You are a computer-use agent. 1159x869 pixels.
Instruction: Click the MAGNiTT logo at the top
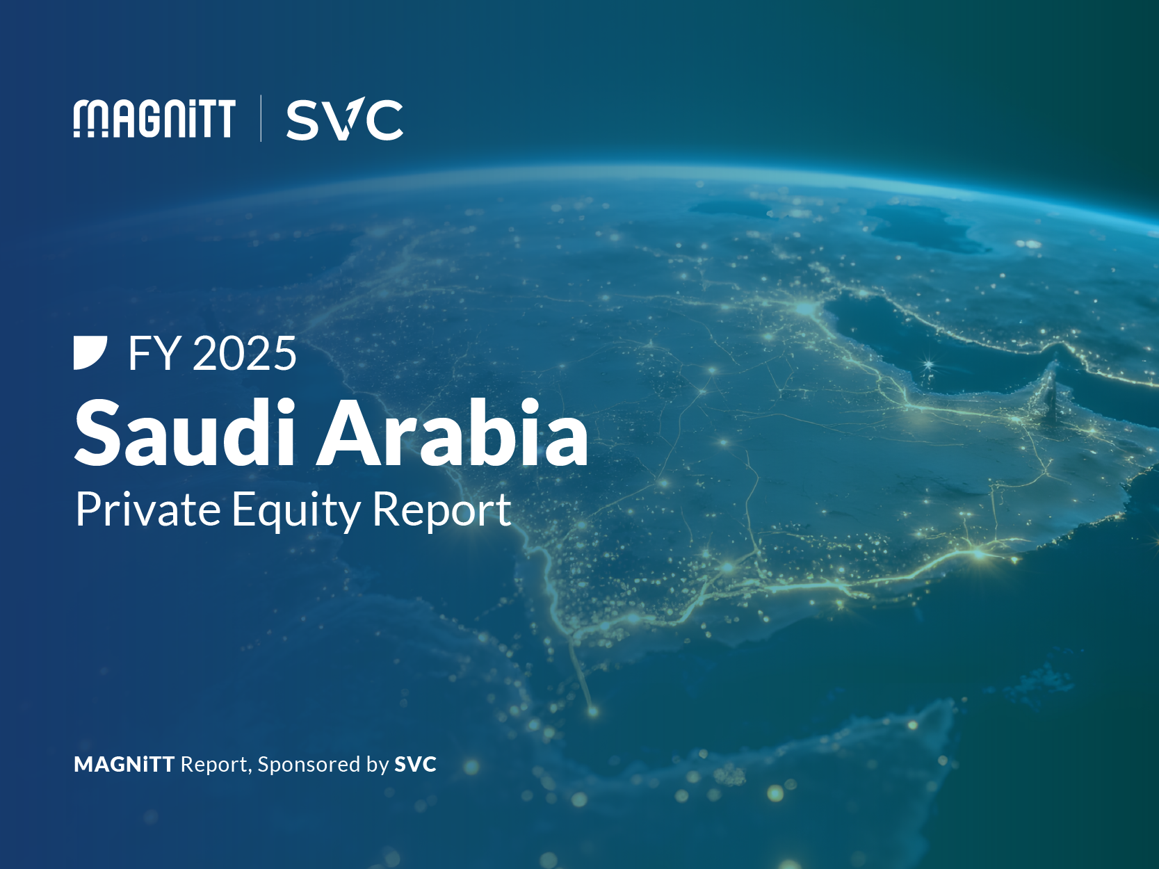tap(154, 119)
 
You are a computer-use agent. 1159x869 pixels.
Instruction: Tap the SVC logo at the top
tap(344, 120)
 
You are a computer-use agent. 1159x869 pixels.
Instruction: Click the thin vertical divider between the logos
tap(261, 118)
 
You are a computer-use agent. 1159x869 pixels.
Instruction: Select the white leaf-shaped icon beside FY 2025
tap(90, 352)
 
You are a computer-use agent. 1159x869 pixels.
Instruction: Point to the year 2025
tap(244, 354)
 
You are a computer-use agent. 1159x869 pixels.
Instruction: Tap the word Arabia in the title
tap(453, 434)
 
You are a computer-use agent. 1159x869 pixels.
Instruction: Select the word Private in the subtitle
tap(148, 510)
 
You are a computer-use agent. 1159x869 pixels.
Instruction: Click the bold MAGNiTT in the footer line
tap(124, 765)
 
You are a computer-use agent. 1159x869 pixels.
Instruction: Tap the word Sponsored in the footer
tap(310, 765)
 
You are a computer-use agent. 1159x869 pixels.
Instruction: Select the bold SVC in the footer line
tap(415, 765)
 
